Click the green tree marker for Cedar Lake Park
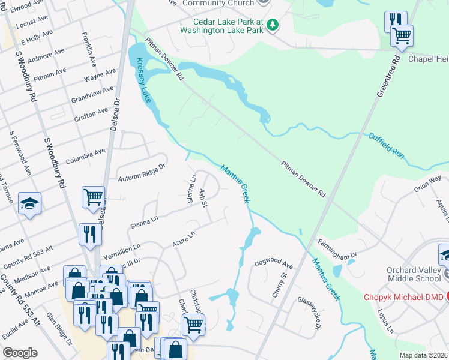click(x=273, y=25)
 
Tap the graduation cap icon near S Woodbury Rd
click(x=29, y=203)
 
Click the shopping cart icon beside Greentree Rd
click(x=402, y=35)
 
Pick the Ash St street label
click(x=203, y=198)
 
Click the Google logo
click(x=20, y=353)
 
